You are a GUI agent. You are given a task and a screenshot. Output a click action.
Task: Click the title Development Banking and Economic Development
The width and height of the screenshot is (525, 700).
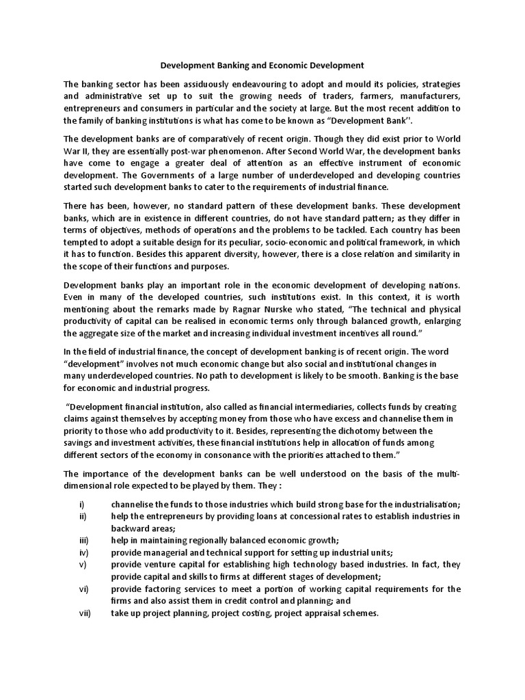point(262,66)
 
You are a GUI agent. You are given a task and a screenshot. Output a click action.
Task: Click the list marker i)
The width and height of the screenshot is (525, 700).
point(82,503)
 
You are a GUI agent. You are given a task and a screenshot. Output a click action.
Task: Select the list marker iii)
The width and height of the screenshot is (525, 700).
point(83,540)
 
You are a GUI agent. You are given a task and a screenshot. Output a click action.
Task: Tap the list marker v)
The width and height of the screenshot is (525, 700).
point(83,565)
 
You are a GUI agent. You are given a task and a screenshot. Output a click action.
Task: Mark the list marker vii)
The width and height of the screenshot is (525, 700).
point(85,614)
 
